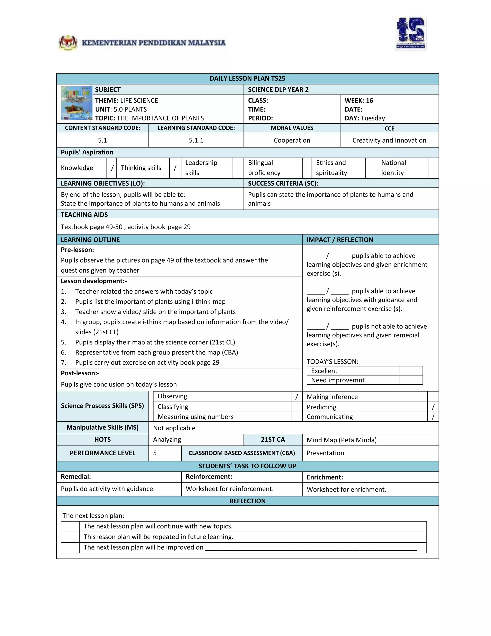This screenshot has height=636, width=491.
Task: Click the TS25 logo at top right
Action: pos(411,34)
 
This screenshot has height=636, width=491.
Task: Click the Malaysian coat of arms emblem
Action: pos(68,43)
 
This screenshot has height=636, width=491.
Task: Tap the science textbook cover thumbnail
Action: pos(76,103)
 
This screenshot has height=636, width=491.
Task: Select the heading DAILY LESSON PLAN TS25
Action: pos(247,79)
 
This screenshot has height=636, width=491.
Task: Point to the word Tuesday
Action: pos(373,118)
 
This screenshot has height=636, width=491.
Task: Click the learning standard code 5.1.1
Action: pos(196,140)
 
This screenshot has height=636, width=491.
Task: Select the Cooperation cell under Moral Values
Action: pos(292,140)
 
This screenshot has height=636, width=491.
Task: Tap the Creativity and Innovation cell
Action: pos(389,140)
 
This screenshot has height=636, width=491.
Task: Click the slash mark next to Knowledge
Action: pos(112,168)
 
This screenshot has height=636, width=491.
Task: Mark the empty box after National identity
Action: pos(433,168)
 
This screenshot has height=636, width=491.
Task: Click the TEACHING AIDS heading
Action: pos(84,215)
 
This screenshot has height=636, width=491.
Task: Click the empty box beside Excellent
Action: pos(410,371)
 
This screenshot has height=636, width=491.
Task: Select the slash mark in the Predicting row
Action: pos(433,407)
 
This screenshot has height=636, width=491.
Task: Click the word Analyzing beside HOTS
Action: pos(167,440)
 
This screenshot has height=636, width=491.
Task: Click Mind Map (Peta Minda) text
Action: pos(341,440)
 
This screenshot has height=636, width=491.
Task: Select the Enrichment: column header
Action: pos(325,477)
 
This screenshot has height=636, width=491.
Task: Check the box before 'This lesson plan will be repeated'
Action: pos(70,537)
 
